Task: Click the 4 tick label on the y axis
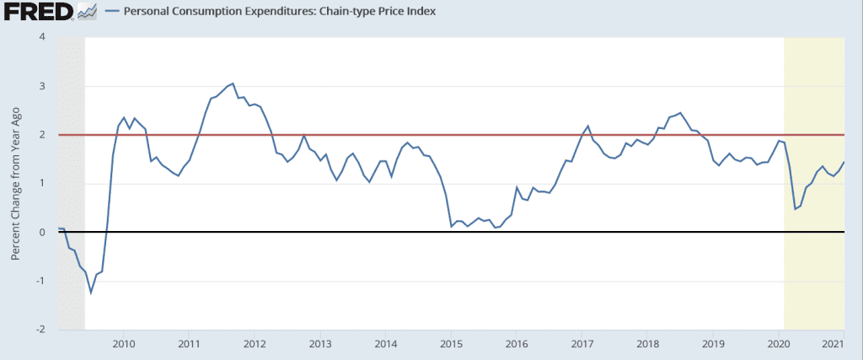coord(41,37)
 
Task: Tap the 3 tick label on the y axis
coord(41,86)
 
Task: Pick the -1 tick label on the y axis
coord(40,281)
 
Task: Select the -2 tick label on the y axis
coord(40,330)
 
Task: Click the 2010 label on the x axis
coord(123,344)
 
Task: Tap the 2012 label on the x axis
coord(255,344)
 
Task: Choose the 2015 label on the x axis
coord(451,344)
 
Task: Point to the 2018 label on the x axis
coord(647,344)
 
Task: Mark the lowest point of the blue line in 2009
coord(91,293)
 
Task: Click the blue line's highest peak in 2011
coord(233,83)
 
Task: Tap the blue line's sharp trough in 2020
coord(795,209)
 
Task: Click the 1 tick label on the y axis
coord(41,184)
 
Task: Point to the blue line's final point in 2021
coord(844,162)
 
